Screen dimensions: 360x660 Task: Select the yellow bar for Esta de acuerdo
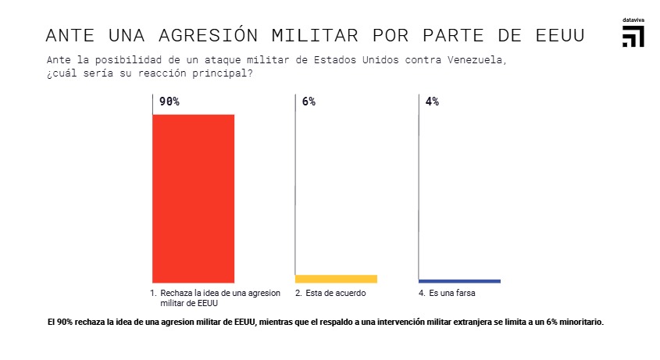[x=336, y=279]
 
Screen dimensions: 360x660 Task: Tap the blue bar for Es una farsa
[x=459, y=281]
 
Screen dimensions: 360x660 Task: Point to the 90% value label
[x=169, y=102]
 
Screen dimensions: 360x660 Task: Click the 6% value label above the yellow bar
[x=309, y=102]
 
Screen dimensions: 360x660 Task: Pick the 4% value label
[x=432, y=102]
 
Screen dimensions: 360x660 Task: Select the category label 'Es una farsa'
[x=453, y=294]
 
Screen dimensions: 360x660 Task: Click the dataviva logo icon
[x=633, y=37]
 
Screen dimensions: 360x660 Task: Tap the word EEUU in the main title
[x=561, y=36]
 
